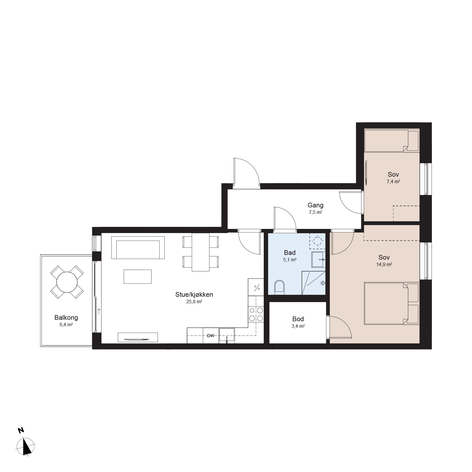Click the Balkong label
click(66, 318)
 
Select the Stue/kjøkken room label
click(194, 294)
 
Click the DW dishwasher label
click(210, 336)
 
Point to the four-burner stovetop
click(256, 314)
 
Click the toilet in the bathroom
click(279, 287)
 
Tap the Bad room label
click(290, 253)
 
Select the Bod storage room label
click(298, 319)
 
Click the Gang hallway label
click(315, 205)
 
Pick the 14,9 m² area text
click(384, 265)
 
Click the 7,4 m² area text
click(393, 182)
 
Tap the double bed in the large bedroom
click(391, 304)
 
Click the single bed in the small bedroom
click(391, 140)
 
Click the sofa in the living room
click(138, 248)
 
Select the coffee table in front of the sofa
click(137, 276)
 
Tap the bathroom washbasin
click(318, 259)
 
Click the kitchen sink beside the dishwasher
click(227, 335)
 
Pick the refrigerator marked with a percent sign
click(256, 287)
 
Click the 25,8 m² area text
click(194, 302)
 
